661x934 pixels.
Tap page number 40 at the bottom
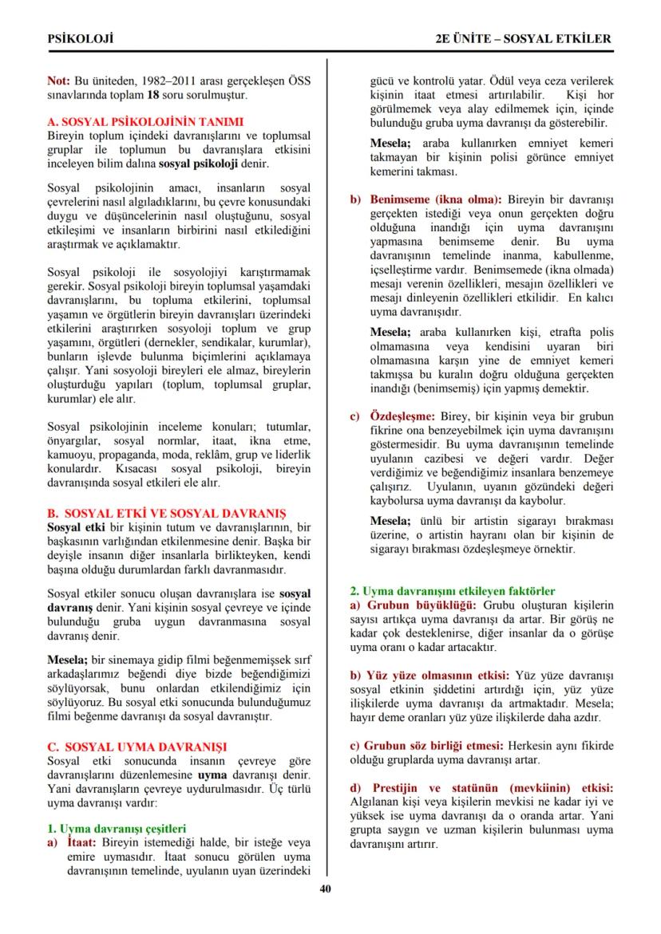325,889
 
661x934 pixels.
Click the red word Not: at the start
59,81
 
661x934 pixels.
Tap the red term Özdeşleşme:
402,417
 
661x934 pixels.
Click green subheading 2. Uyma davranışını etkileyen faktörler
453,591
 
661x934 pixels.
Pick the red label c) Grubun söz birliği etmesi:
427,745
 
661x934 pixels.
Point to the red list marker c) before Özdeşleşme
357,417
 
